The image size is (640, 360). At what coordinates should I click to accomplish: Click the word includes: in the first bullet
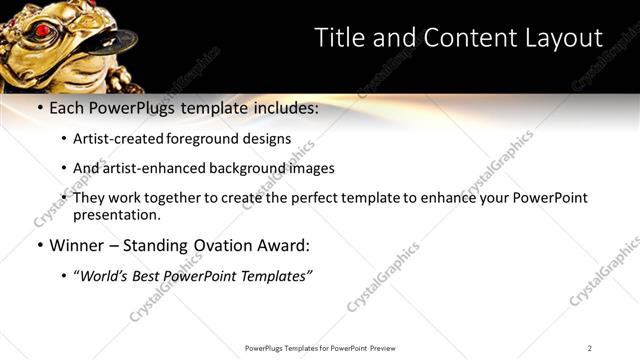283,108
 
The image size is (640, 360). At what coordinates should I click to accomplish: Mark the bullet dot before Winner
39,245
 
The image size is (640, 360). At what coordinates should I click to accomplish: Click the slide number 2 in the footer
589,348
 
